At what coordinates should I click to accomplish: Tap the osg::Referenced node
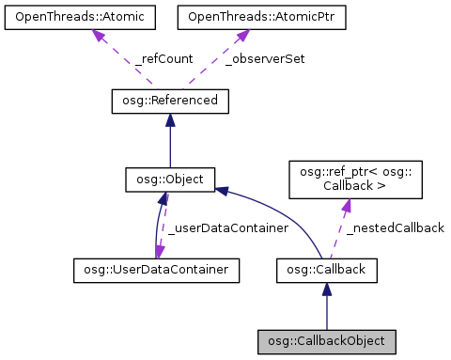[x=169, y=100]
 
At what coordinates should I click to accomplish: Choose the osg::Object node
[x=169, y=178]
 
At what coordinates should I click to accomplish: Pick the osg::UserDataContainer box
[x=156, y=271]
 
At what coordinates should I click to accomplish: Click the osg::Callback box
[x=326, y=271]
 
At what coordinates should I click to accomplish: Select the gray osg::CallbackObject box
[x=326, y=339]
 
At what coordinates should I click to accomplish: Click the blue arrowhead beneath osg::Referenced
[x=169, y=119]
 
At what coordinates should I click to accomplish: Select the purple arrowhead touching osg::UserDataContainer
[x=161, y=252]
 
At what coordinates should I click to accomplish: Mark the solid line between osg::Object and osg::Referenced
[x=169, y=146]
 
